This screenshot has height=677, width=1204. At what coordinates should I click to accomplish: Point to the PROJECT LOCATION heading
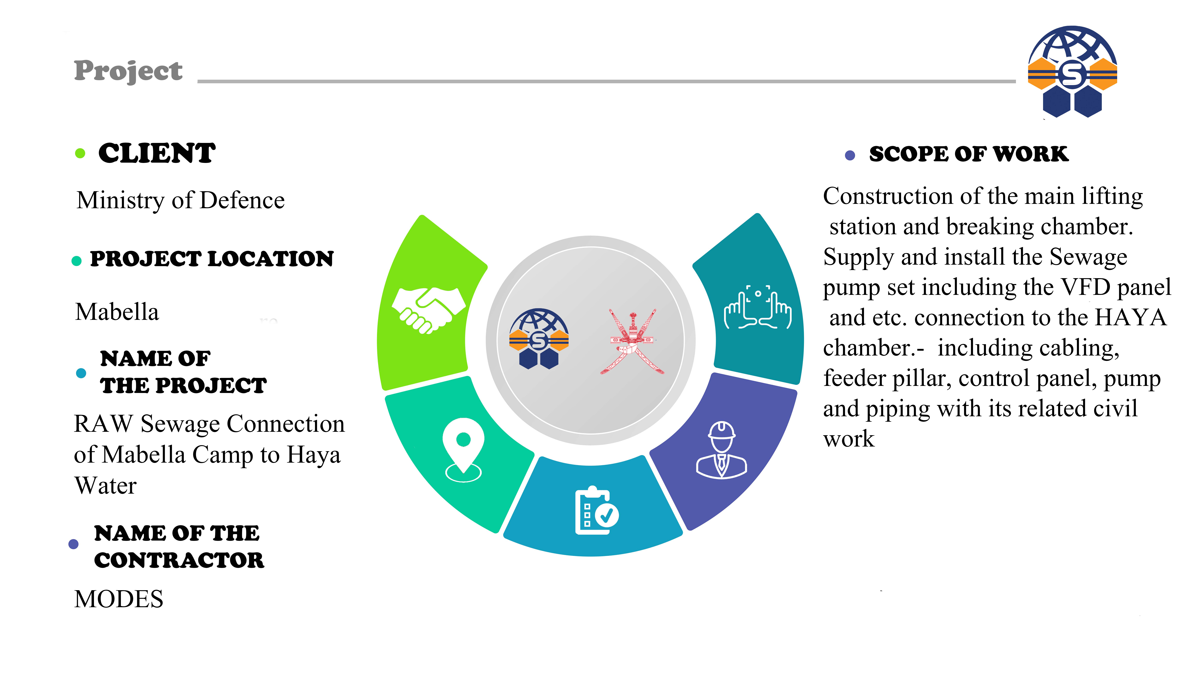[212, 259]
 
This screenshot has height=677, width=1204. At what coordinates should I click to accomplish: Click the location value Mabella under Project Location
[117, 312]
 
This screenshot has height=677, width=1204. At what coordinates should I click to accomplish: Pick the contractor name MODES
[119, 599]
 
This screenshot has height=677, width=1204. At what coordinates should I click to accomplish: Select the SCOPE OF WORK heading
[968, 154]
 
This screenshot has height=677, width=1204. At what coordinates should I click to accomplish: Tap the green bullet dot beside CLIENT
[80, 153]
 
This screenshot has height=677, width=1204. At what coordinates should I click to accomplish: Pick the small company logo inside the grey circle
[539, 339]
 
